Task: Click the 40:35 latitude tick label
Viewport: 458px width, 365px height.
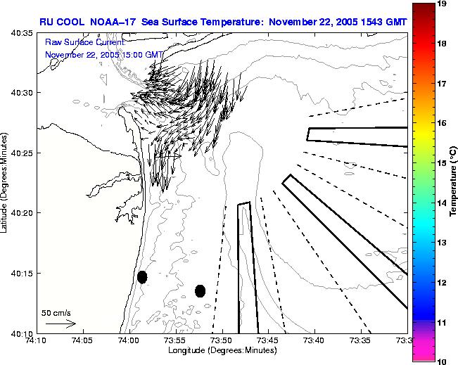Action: tap(23, 33)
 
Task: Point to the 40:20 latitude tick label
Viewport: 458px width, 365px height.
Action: tap(23, 213)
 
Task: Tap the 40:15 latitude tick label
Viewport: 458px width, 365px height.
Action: tap(23, 273)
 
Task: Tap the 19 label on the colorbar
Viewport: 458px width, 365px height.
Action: tap(443, 4)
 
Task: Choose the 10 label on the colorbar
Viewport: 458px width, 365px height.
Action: tap(443, 361)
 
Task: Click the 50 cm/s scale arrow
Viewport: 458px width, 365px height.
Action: tap(61, 324)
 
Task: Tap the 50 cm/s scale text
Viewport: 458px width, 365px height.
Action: tap(55, 312)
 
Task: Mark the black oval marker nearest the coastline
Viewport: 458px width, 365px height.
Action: tap(142, 277)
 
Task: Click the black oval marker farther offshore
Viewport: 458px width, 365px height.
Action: tap(200, 290)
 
